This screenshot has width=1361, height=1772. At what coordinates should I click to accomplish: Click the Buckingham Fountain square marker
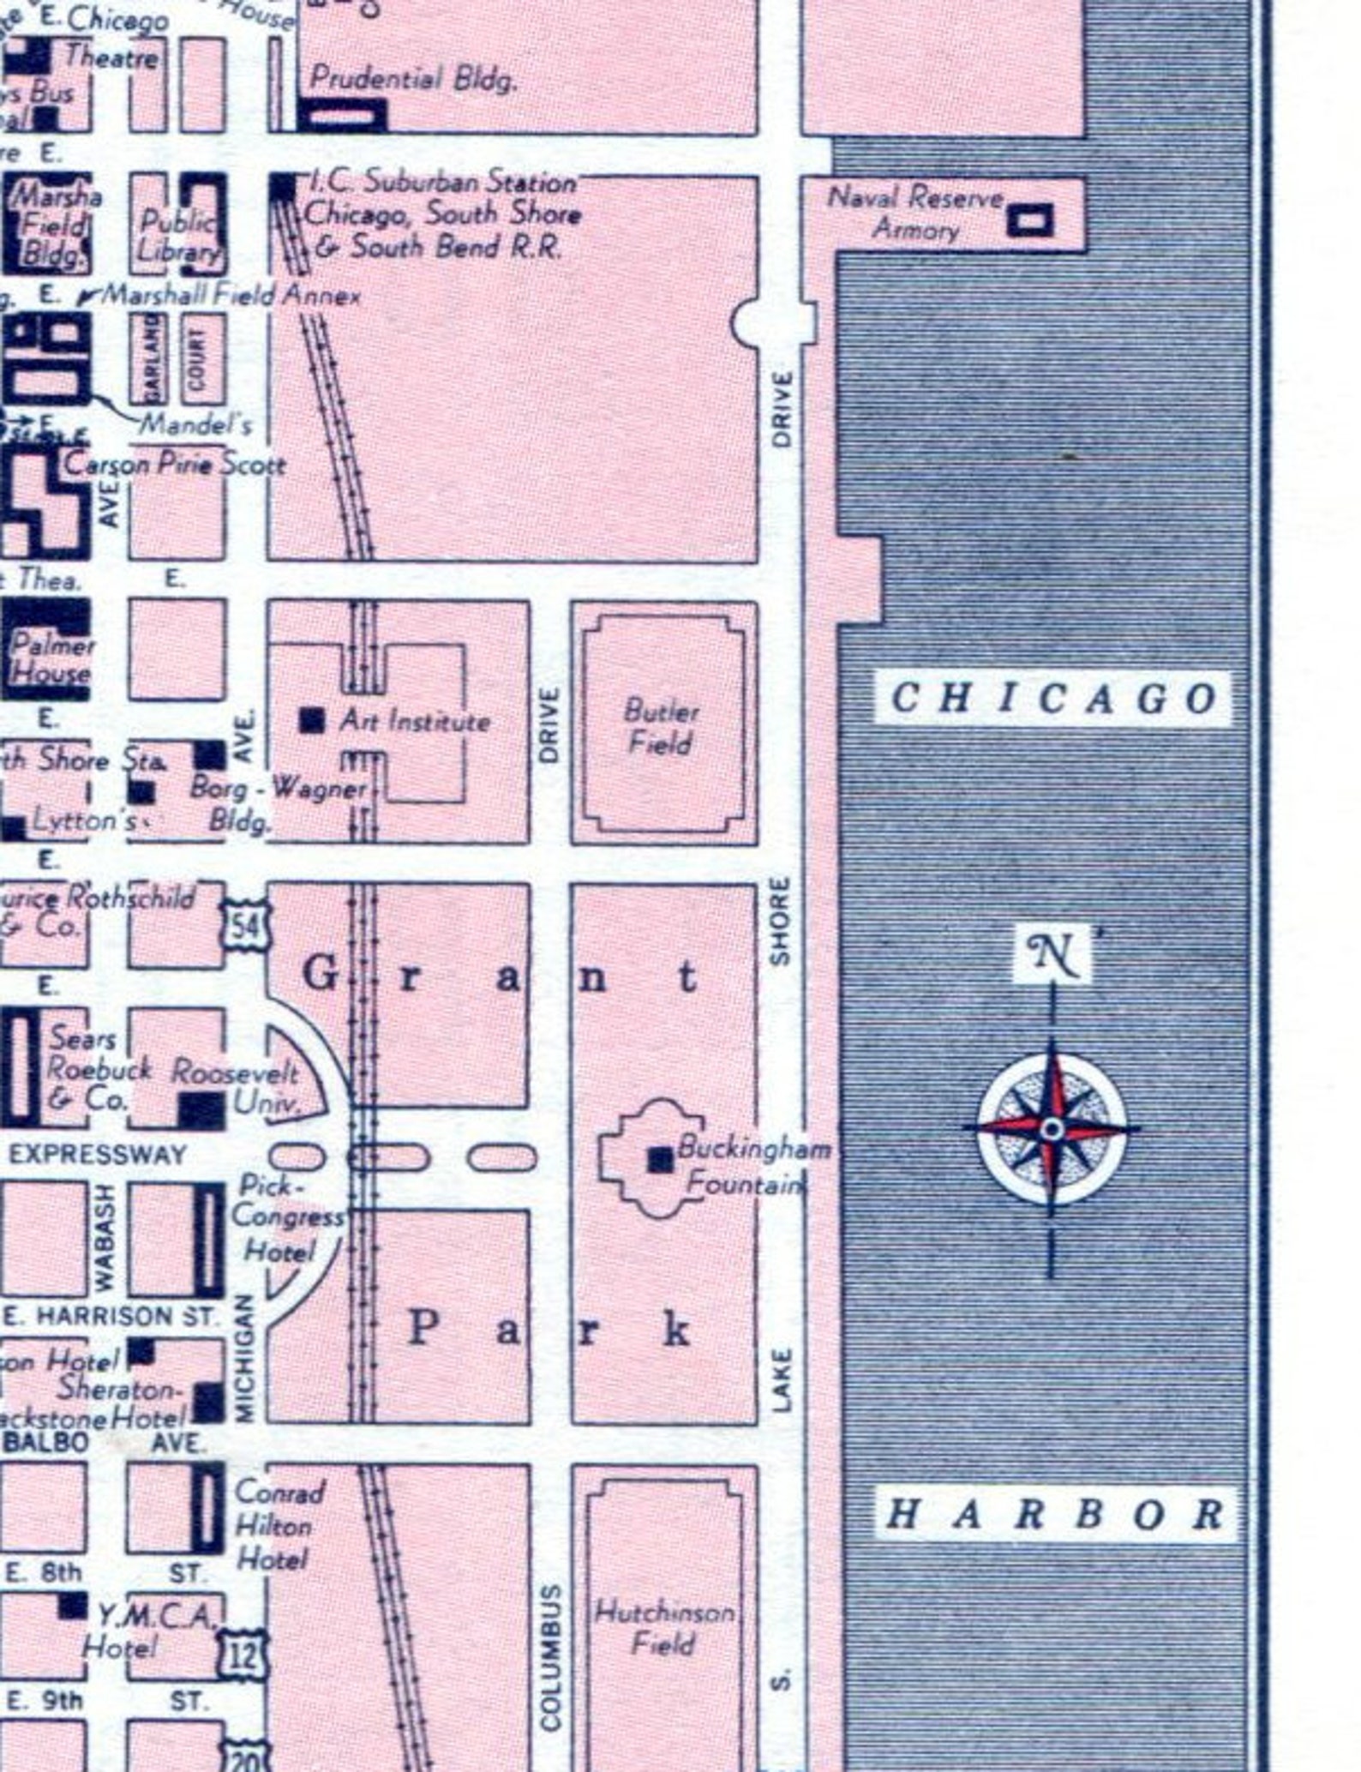(660, 1159)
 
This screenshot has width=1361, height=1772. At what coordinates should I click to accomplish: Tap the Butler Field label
(660, 726)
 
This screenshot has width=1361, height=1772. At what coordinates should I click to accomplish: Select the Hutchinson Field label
(664, 1628)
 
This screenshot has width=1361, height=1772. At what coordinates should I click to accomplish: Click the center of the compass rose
(1052, 1129)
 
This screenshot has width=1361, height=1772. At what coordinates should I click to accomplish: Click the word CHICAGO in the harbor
(1053, 699)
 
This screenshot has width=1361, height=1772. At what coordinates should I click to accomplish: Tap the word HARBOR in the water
(1055, 1515)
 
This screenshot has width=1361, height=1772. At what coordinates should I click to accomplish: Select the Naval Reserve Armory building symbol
(1030, 219)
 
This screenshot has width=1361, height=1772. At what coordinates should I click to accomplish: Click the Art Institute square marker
(312, 719)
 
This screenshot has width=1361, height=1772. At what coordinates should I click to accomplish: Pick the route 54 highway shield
(247, 925)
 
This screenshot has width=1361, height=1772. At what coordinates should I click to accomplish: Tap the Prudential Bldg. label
(412, 79)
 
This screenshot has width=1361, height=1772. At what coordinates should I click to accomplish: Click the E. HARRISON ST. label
(111, 1316)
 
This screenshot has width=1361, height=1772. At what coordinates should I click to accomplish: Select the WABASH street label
(105, 1237)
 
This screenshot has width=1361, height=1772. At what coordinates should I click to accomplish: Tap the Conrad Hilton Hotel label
(277, 1525)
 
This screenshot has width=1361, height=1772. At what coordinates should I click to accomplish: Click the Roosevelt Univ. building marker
(202, 1111)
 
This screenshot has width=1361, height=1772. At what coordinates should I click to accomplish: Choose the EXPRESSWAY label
(98, 1154)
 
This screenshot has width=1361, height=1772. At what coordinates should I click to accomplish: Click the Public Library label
(178, 235)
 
